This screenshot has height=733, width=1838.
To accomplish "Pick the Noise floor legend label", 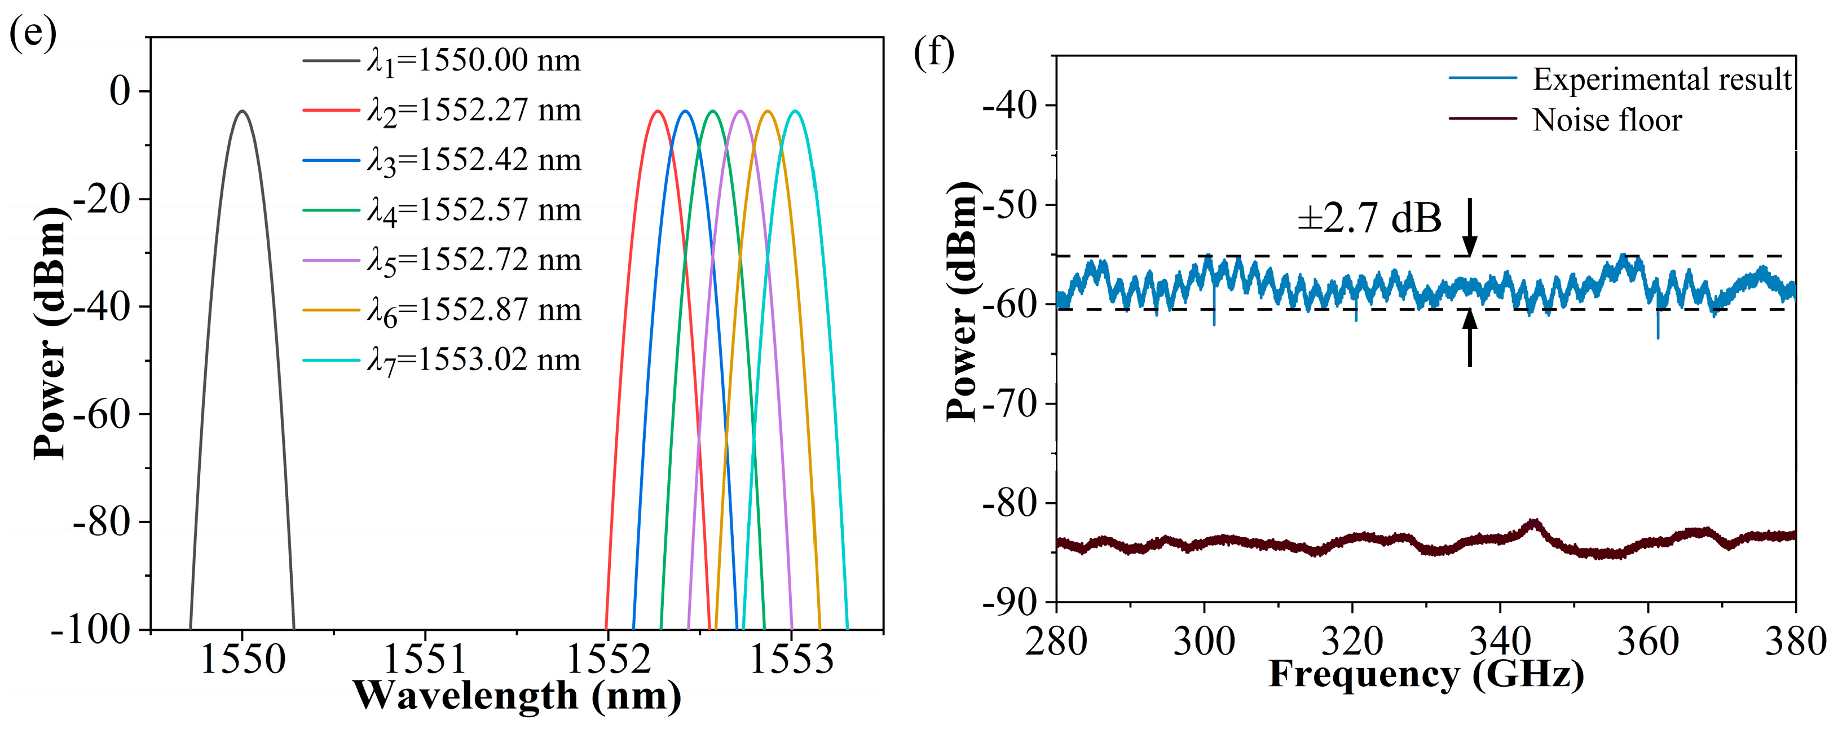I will coord(1607,120).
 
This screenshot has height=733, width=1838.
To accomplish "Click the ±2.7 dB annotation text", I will coord(1369,218).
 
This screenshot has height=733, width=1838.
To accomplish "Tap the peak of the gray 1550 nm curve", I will coord(243,111).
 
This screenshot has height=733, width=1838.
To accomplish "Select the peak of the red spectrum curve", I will coord(657,111).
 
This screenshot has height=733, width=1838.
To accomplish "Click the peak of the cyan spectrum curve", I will coord(795,111).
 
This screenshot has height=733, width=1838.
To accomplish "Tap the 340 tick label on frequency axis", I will coord(1500,641).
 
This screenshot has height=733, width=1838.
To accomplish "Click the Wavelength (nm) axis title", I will coord(517,695).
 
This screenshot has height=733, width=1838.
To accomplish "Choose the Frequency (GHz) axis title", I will coord(1426,674).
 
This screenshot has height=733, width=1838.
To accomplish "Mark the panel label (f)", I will coord(934,54).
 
